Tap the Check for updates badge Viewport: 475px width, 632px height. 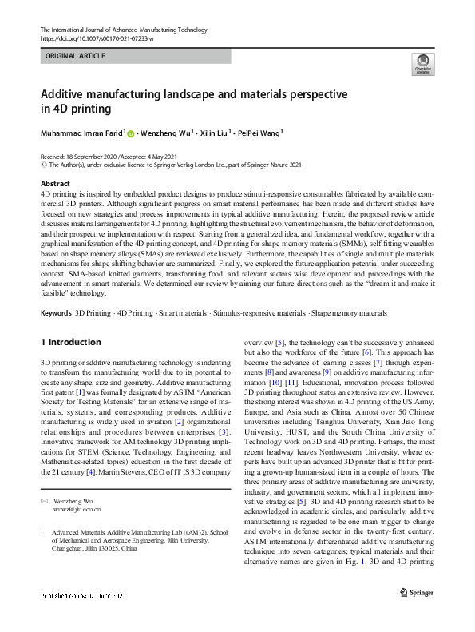click(x=422, y=64)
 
